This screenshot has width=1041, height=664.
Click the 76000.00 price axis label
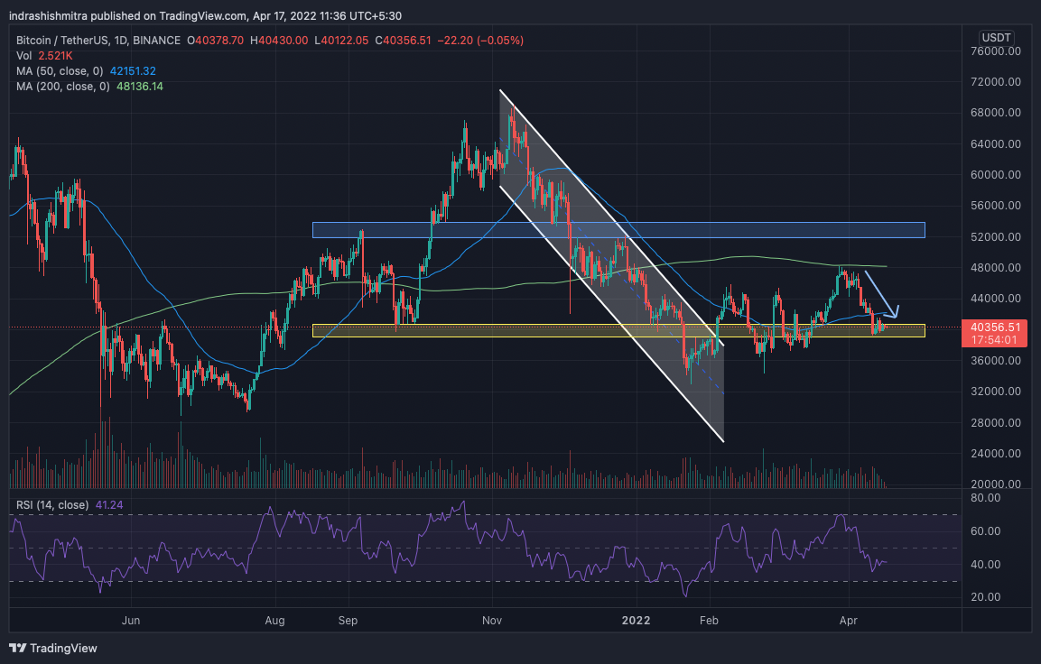(x=1001, y=51)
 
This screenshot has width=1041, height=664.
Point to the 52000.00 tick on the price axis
(x=1001, y=236)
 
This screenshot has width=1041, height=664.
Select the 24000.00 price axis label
(x=1001, y=453)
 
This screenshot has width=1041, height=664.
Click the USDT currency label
(x=997, y=37)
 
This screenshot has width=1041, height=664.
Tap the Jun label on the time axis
(x=132, y=621)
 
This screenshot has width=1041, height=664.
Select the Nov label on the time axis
(x=493, y=621)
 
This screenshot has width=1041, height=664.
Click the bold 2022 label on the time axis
(x=637, y=621)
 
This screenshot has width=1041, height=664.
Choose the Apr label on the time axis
(x=848, y=621)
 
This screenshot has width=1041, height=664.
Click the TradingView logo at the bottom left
(x=53, y=648)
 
